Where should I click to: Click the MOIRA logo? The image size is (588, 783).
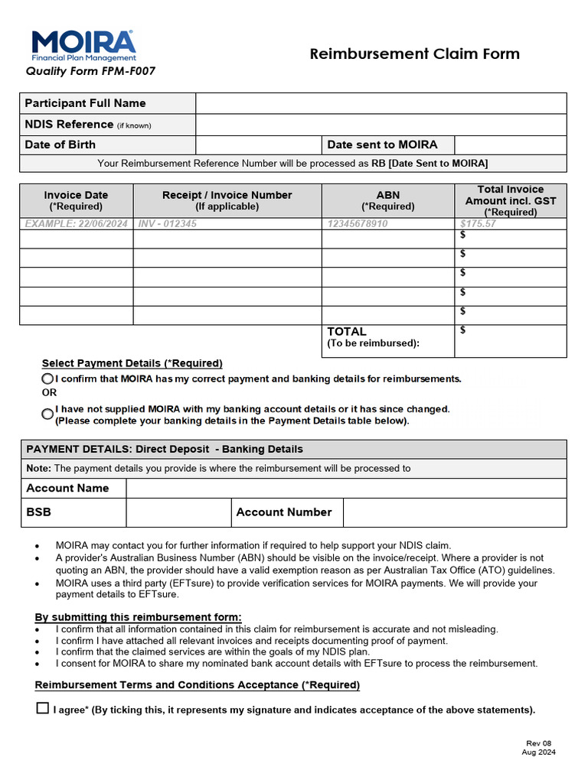(x=83, y=46)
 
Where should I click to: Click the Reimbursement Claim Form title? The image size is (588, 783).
(x=414, y=54)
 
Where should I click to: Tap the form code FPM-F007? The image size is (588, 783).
(x=90, y=72)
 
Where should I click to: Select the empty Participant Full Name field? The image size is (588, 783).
(x=381, y=103)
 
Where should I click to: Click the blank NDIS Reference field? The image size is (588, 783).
(x=381, y=124)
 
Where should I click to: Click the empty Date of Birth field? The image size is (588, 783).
(x=258, y=145)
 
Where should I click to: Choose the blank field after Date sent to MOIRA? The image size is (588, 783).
(x=510, y=145)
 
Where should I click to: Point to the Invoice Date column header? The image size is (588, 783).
(x=76, y=200)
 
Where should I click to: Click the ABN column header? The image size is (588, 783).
(x=387, y=200)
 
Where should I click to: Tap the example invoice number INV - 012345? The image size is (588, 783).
(x=168, y=224)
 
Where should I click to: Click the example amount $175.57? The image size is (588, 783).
(x=478, y=224)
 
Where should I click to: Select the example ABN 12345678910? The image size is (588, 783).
(x=358, y=224)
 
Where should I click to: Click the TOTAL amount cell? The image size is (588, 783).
(x=511, y=341)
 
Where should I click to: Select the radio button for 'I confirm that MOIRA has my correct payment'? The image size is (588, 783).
(x=47, y=379)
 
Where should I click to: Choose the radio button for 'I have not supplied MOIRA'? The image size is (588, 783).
(x=47, y=414)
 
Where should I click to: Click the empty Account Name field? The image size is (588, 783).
(x=346, y=488)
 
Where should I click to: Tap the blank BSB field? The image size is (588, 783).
(x=178, y=512)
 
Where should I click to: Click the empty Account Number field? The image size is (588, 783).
(x=455, y=512)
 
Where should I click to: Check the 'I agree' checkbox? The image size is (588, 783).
(x=43, y=708)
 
